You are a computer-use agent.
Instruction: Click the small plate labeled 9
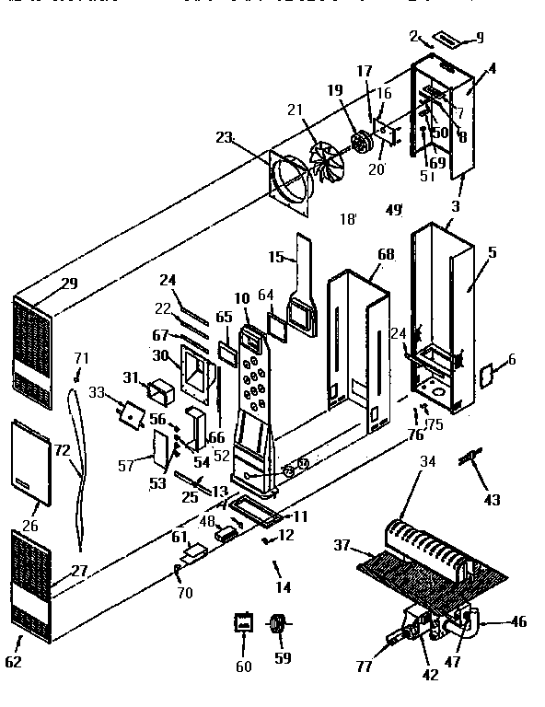(x=450, y=40)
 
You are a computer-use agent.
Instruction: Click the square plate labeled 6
(x=488, y=373)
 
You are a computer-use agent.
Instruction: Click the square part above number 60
(x=244, y=624)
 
